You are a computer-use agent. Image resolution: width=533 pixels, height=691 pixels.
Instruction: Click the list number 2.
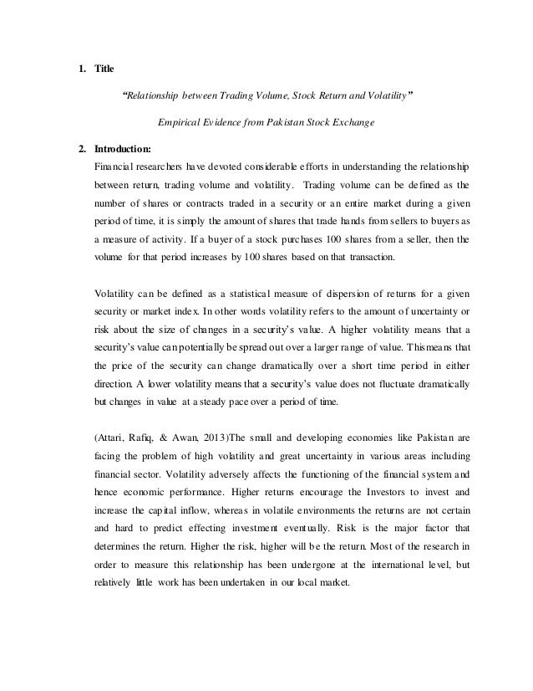tap(80, 150)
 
